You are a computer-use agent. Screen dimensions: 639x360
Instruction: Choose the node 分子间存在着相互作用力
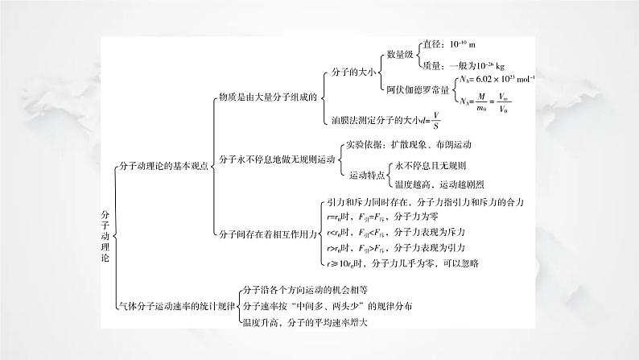266,234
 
